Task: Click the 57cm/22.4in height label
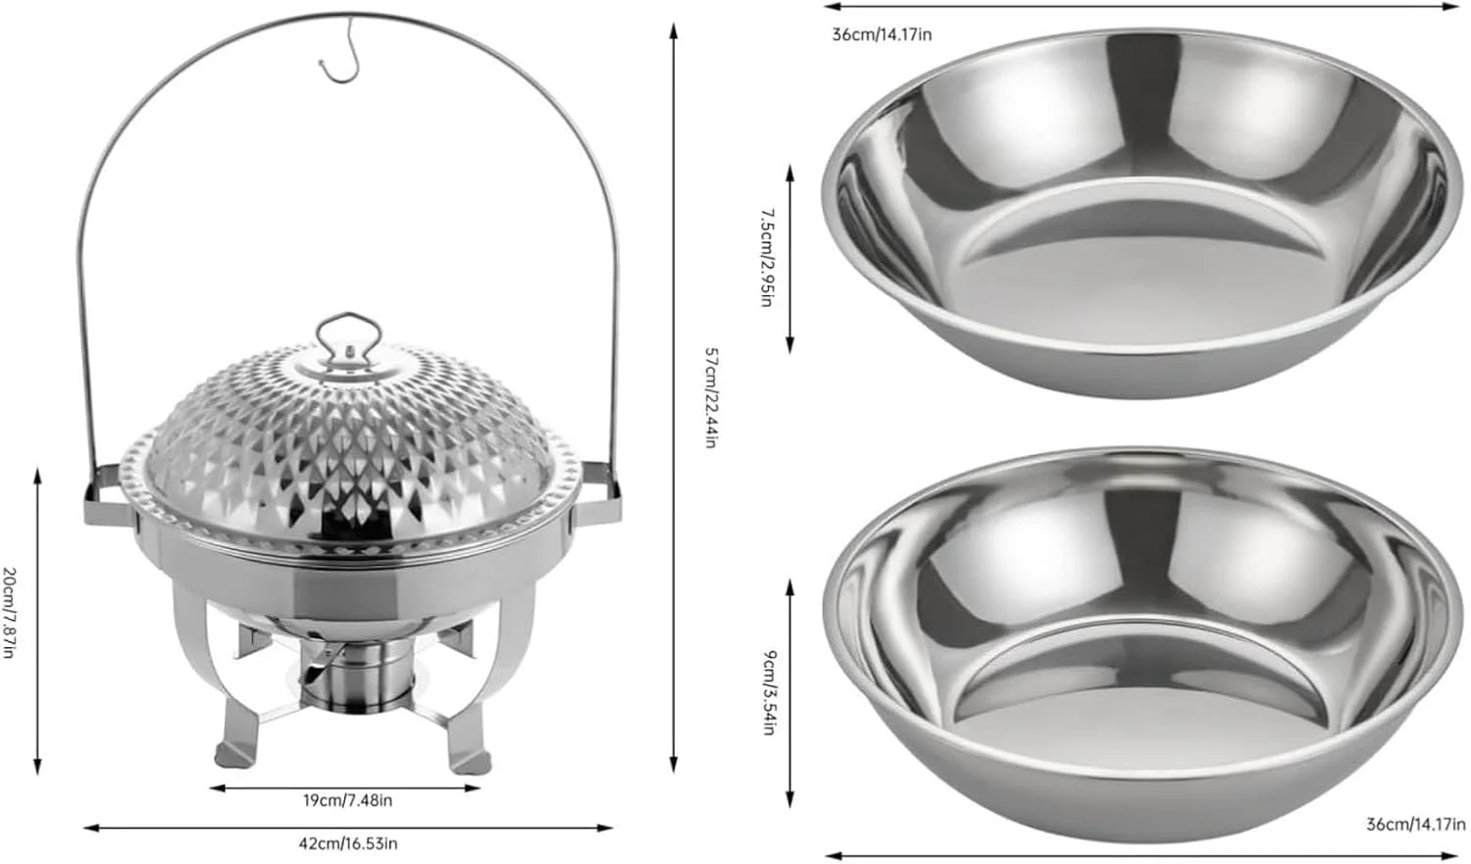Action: pyautogui.click(x=710, y=397)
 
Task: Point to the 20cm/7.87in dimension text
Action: pyautogui.click(x=9, y=612)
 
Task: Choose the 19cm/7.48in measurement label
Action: pyautogui.click(x=347, y=800)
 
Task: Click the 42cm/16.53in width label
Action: pyautogui.click(x=348, y=843)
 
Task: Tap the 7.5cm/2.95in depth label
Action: pyautogui.click(x=766, y=258)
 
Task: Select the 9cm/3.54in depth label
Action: pyautogui.click(x=769, y=692)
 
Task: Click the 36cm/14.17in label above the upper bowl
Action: pyautogui.click(x=882, y=34)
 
